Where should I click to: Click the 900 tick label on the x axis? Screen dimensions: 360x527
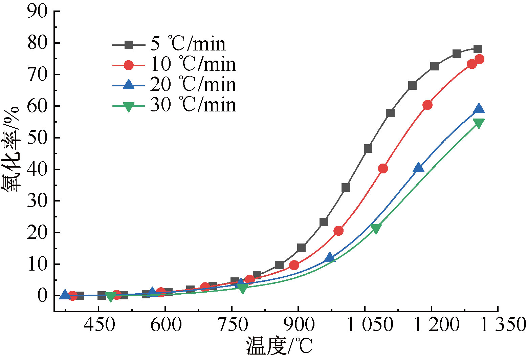(299, 324)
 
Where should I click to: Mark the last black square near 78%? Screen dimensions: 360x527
(478, 49)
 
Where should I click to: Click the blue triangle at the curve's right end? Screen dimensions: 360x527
(479, 109)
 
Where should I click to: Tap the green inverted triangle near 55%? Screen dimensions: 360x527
(479, 123)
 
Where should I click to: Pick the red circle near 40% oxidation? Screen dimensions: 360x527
(383, 169)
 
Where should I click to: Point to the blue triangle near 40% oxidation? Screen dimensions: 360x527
(419, 167)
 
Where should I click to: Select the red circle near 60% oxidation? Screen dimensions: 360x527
(427, 105)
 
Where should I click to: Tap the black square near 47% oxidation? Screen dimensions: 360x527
(368, 149)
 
